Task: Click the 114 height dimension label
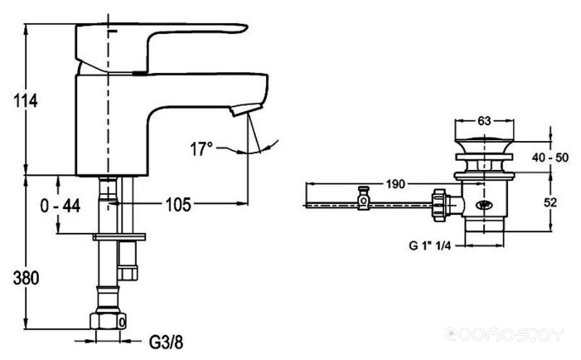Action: point(25,100)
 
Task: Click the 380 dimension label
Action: point(26,278)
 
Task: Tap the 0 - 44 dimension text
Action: point(61,206)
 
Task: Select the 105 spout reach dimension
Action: point(178,204)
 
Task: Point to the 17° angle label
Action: point(201,149)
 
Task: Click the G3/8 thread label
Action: point(166,343)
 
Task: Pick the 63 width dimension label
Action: point(484,121)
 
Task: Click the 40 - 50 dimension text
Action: point(550,158)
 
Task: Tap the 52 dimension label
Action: point(550,202)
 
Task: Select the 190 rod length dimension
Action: point(395,184)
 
